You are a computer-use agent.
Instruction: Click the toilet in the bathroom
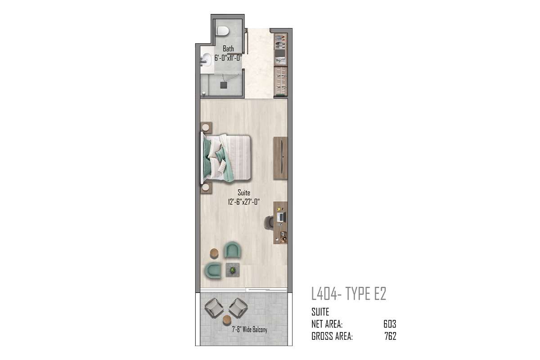click(223, 31)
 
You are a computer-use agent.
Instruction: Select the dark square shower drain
click(224, 85)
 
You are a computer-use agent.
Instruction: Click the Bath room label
click(228, 49)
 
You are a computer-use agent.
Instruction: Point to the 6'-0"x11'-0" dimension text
click(228, 58)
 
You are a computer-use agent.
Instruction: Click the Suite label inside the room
click(244, 193)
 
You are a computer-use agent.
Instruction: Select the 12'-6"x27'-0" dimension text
click(244, 202)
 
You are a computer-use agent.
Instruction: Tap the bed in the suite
click(226, 158)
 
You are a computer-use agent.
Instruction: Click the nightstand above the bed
click(206, 127)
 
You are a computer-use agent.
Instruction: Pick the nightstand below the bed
click(207, 188)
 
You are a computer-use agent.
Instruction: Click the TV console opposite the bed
click(280, 158)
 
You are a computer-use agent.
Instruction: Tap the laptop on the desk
click(281, 217)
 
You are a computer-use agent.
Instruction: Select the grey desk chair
click(269, 222)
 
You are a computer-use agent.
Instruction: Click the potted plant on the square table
click(233, 270)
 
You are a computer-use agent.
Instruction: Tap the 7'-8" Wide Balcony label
click(249, 329)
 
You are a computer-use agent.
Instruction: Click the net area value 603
click(390, 324)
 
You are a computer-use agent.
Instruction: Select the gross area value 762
click(390, 336)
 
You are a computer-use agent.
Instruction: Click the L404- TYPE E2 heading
click(349, 294)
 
